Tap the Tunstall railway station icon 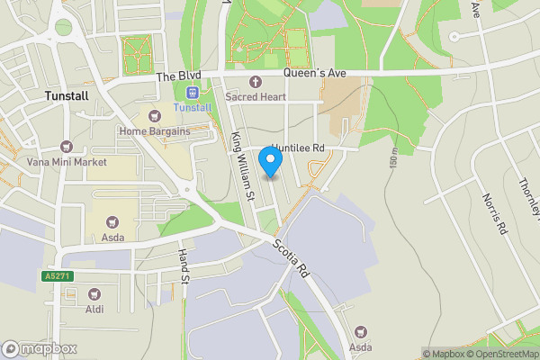coord(192,93)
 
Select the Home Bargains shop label coord(155,131)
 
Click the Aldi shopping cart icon coord(94,293)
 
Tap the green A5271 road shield coord(55,275)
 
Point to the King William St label coord(244,166)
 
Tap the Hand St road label coord(184,267)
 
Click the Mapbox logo coord(40,348)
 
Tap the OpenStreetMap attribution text coord(502,354)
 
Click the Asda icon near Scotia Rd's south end coord(362,332)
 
